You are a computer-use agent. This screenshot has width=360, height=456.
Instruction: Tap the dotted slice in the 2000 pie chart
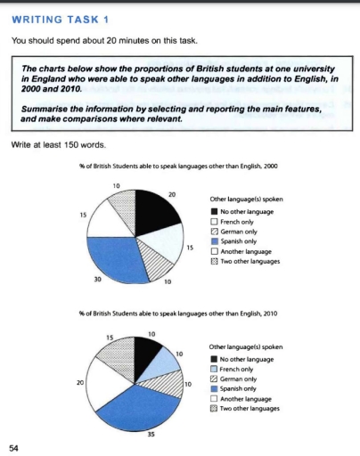pos(123,205)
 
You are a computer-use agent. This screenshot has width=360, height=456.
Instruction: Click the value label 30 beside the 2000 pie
pos(97,280)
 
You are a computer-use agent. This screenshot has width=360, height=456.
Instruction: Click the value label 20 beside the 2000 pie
pos(171,194)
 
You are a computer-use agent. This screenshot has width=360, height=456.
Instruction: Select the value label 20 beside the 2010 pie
pos(80,382)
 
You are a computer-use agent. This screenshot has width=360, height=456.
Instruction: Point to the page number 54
pos(12,446)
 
